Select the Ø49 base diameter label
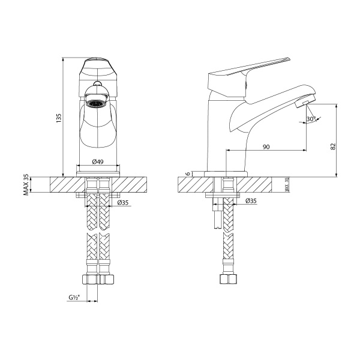coord(99,161)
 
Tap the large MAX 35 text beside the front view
coord(26,185)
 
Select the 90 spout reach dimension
coord(265,147)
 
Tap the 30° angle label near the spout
coord(310,119)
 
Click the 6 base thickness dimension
coord(188,174)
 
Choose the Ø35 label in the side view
coord(251,201)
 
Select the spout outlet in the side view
coord(304,105)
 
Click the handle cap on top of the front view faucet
coord(96,62)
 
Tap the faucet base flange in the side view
coord(225,174)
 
